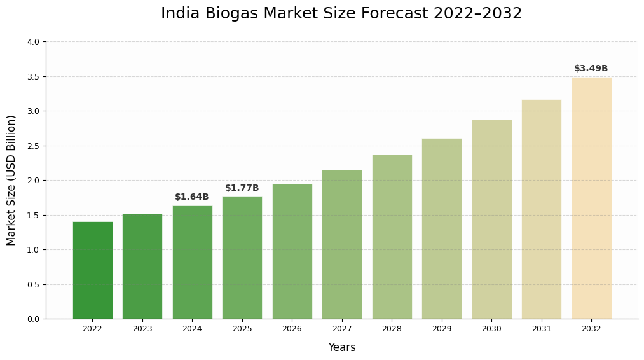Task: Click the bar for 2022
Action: tap(92, 270)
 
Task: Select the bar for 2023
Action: tap(142, 267)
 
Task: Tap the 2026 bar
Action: tap(292, 251)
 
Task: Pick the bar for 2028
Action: tap(392, 237)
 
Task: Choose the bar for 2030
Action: tap(491, 219)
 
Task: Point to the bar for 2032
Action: tap(591, 198)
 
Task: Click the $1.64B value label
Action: tap(192, 197)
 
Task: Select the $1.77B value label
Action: tap(242, 188)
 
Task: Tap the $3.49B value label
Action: tap(591, 69)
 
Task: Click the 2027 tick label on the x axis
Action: tap(342, 329)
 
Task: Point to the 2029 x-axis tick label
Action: tap(442, 329)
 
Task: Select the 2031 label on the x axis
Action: tap(542, 329)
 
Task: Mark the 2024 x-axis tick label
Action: tap(192, 329)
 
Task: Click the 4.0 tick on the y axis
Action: tap(33, 42)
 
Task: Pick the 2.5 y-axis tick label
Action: tap(33, 146)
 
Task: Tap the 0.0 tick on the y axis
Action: tap(33, 319)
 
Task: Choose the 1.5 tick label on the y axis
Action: tap(33, 215)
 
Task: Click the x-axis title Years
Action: tap(342, 348)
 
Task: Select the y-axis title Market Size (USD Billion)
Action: tap(11, 180)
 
